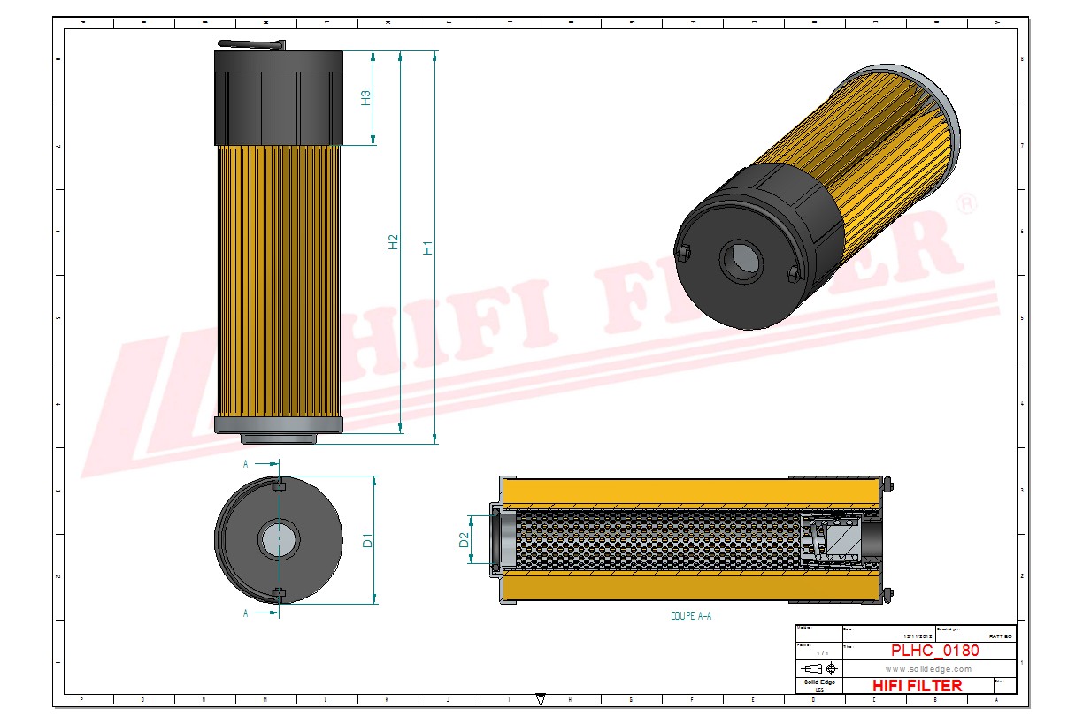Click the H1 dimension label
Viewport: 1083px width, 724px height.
tap(428, 248)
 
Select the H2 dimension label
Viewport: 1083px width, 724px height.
tap(394, 242)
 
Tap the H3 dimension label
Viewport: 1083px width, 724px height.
tap(365, 98)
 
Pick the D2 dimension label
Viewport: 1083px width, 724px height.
tap(465, 539)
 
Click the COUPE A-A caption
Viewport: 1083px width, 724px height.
tap(691, 616)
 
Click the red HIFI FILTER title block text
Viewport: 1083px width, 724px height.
tap(917, 685)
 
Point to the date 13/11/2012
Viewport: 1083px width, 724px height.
tap(917, 636)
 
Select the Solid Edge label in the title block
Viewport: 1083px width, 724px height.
tap(818, 682)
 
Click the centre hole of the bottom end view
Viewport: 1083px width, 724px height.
tap(278, 539)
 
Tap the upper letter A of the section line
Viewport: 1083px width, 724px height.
tap(246, 462)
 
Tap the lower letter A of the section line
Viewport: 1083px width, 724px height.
tap(246, 613)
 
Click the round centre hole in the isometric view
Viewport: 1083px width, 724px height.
tap(741, 260)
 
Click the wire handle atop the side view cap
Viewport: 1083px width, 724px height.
tap(252, 43)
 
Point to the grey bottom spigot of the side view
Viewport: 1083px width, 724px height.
tap(278, 438)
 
